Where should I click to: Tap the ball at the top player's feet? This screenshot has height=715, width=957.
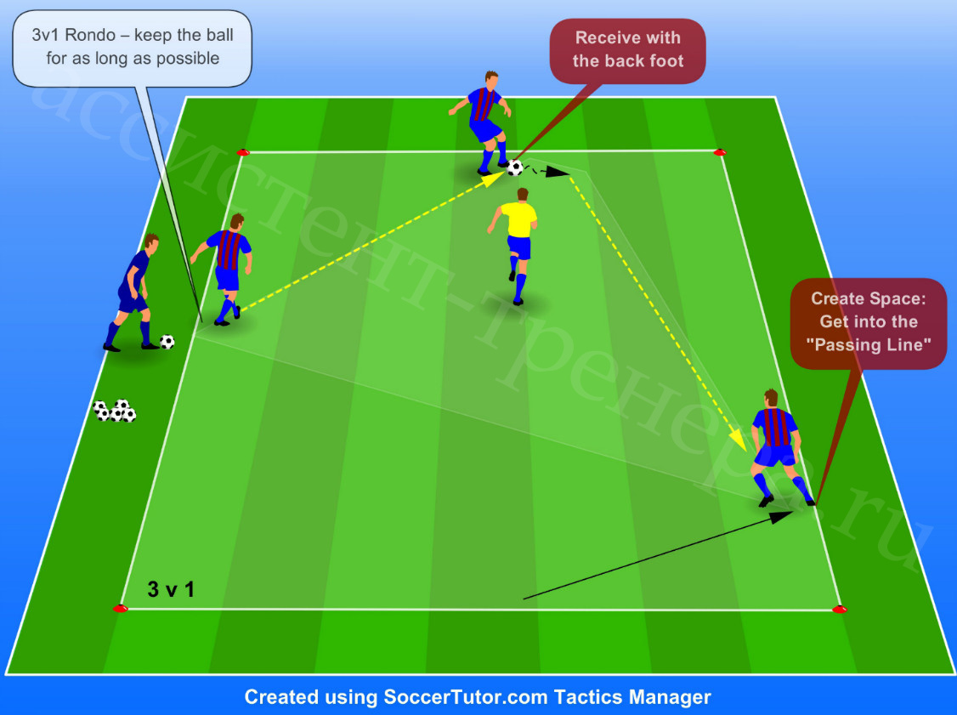[x=515, y=167]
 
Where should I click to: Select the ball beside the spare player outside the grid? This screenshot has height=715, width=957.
[x=167, y=341]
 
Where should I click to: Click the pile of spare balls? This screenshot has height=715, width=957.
[x=114, y=411]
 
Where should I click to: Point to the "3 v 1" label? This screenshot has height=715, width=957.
[x=171, y=589]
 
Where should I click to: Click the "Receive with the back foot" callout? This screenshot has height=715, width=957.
[x=627, y=50]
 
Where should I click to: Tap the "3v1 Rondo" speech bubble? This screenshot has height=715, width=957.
[x=133, y=48]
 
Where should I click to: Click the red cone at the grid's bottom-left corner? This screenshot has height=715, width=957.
[x=120, y=608]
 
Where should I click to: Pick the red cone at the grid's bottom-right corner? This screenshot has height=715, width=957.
[x=840, y=609]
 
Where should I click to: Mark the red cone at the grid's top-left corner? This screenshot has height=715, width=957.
[x=243, y=152]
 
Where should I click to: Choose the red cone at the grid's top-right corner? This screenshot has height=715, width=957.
[x=720, y=152]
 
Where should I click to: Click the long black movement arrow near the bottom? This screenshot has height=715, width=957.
[x=658, y=555]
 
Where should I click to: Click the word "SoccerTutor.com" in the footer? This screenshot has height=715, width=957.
[x=465, y=696]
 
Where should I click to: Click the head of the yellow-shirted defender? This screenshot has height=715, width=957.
[x=523, y=195]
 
